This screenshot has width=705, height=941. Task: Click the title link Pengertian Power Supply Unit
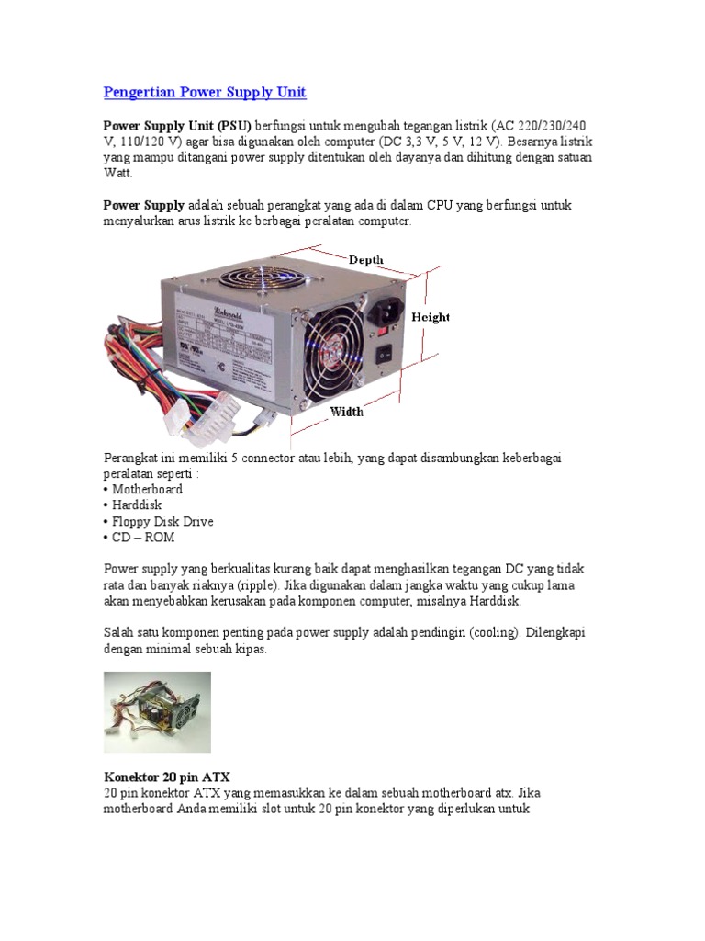click(205, 92)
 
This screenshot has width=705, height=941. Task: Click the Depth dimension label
click(365, 260)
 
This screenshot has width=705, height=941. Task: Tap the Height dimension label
click(430, 317)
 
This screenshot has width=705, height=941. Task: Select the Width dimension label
click(346, 413)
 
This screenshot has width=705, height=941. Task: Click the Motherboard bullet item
click(146, 489)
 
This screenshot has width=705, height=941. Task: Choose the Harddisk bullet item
click(138, 505)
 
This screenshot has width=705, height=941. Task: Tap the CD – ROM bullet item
click(142, 538)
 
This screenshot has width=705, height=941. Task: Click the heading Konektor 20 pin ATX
click(166, 777)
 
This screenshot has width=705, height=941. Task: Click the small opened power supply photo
click(157, 712)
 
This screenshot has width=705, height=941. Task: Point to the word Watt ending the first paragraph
click(117, 173)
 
